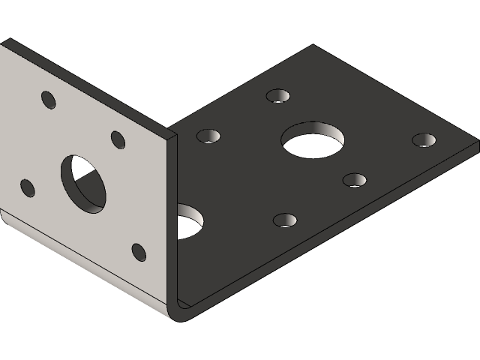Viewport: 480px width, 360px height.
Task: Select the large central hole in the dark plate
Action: coord(313,139)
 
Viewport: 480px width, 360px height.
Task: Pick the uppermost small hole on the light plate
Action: coord(49,100)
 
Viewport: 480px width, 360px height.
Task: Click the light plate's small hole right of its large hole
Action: coord(118,139)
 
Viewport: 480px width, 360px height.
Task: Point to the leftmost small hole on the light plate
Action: coord(28,187)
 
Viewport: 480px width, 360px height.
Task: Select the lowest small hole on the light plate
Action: coord(139,252)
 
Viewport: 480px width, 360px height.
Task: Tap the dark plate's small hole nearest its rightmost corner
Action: coord(424,140)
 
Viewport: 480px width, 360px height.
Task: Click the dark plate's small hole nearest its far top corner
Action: coord(278,96)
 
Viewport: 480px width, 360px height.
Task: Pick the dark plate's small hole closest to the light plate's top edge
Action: coord(208,136)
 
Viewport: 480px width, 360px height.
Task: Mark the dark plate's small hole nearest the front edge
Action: coord(285,220)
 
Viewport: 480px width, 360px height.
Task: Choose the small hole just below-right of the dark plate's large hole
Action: coord(355,180)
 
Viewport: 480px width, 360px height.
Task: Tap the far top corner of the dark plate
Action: coord(312,46)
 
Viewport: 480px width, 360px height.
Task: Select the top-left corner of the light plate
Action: coord(4,40)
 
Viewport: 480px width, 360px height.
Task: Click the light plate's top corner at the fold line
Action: coord(169,134)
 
